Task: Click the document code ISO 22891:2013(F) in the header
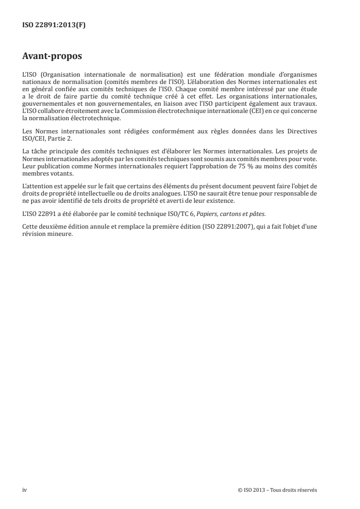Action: pos(54,26)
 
